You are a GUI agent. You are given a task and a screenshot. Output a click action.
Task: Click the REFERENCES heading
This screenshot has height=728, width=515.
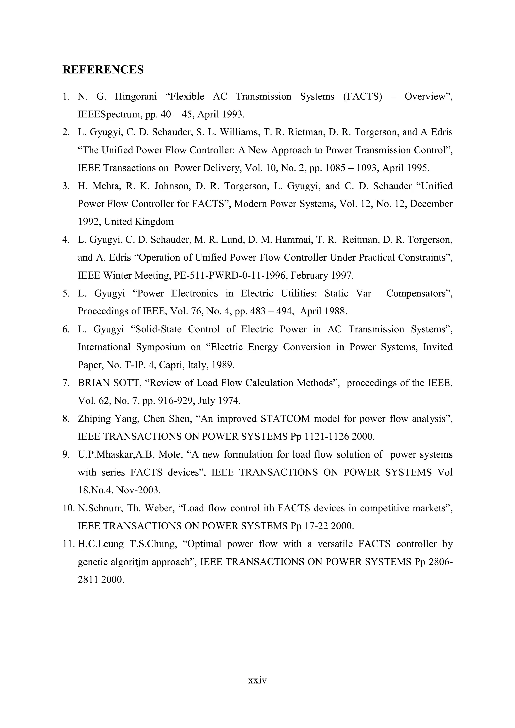103,69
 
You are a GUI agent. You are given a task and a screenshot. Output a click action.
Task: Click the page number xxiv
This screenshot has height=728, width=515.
257,680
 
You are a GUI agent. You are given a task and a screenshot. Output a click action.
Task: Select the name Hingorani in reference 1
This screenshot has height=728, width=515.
136,96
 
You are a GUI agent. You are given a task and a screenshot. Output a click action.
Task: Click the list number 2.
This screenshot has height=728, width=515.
66,132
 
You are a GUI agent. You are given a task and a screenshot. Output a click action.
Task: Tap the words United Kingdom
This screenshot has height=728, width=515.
139,222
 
